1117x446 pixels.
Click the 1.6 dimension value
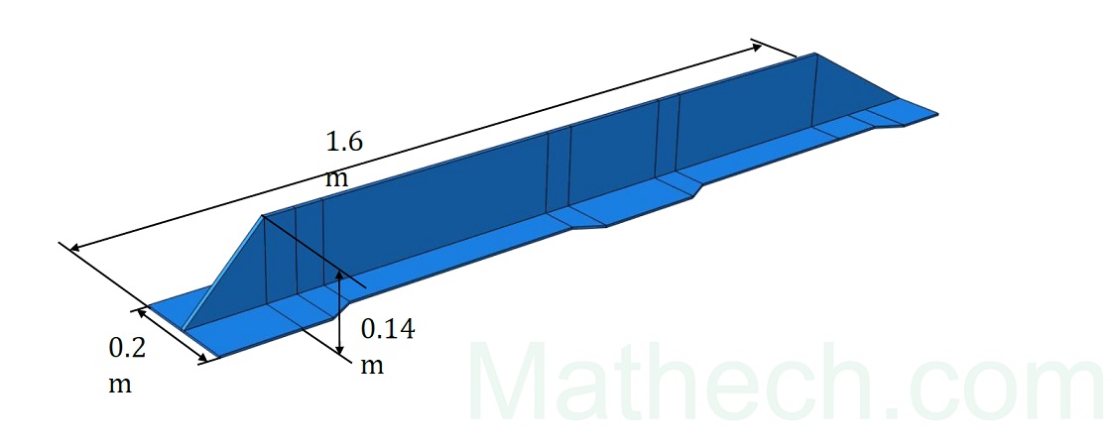coord(344,142)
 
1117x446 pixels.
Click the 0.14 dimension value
coord(387,329)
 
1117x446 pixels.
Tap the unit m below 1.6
coord(337,178)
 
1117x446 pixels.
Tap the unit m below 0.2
coord(119,384)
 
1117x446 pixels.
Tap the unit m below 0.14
coord(372,365)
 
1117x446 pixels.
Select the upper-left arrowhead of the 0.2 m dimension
coord(144,313)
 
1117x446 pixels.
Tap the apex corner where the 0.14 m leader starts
coord(262,216)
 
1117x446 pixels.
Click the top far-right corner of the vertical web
coord(815,54)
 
